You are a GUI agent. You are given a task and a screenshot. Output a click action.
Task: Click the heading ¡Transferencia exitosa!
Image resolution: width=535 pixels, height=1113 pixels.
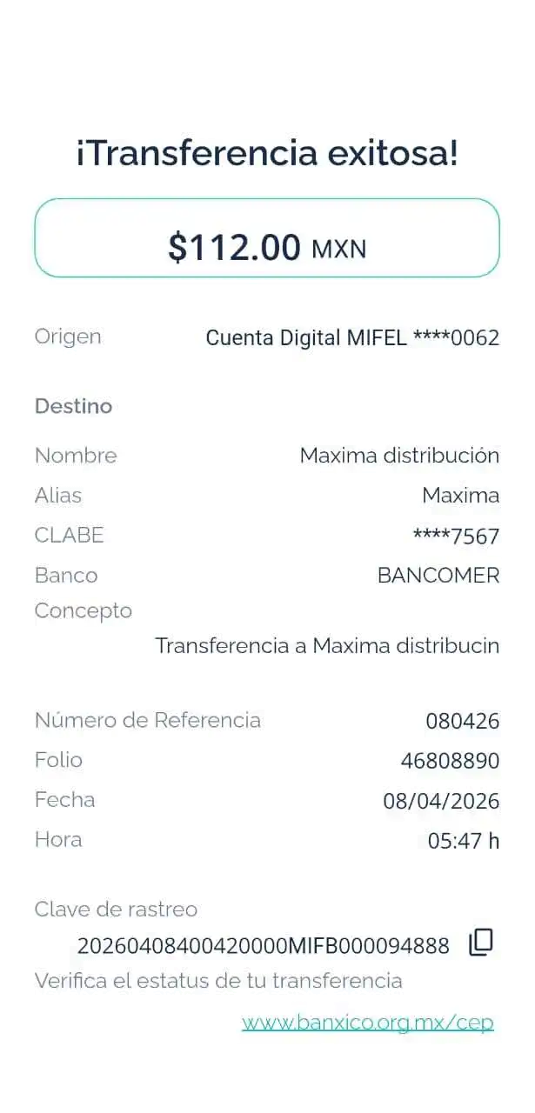[x=266, y=155]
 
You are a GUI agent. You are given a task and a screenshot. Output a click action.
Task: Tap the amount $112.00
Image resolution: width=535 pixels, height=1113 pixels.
[x=234, y=248]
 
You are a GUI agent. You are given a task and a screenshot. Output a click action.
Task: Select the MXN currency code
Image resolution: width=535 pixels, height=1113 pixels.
[x=338, y=250]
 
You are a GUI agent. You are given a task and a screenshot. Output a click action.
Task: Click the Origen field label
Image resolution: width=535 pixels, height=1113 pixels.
[x=68, y=337]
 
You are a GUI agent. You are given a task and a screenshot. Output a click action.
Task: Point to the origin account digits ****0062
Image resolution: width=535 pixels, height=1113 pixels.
[x=457, y=337]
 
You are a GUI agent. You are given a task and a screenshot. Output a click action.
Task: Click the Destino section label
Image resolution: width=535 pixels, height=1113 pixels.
[x=73, y=406]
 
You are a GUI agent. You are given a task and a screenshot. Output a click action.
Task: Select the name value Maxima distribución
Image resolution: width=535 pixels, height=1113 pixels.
[x=399, y=455]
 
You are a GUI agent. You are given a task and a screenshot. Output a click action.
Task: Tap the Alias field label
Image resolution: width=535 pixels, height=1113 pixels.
[x=58, y=496]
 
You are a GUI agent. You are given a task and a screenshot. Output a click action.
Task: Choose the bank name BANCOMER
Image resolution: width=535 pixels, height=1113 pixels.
[x=438, y=576]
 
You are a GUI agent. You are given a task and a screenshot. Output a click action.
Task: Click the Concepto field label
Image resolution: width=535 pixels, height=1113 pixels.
[x=83, y=610]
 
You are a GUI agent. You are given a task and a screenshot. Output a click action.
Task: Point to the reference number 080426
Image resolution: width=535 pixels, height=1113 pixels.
[x=463, y=721]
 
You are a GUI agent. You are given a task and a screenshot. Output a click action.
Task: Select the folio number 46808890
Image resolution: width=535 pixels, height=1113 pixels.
[x=451, y=762]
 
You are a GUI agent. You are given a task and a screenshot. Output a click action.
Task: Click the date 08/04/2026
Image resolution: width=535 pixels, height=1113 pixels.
[x=441, y=801]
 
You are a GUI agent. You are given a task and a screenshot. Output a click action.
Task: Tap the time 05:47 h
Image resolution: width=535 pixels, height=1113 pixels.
[x=464, y=841]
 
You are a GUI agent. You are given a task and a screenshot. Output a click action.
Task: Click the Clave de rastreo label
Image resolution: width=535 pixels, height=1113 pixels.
[x=116, y=910]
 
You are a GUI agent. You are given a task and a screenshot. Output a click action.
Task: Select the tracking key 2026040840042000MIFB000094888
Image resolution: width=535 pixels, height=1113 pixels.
[x=263, y=945]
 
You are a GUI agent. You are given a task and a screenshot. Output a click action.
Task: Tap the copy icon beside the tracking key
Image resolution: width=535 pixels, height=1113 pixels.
[x=481, y=942]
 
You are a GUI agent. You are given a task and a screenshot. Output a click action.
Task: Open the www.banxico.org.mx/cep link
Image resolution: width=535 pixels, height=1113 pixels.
[x=367, y=1023]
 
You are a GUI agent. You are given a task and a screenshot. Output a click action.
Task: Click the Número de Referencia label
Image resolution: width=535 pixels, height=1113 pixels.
[x=148, y=720]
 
